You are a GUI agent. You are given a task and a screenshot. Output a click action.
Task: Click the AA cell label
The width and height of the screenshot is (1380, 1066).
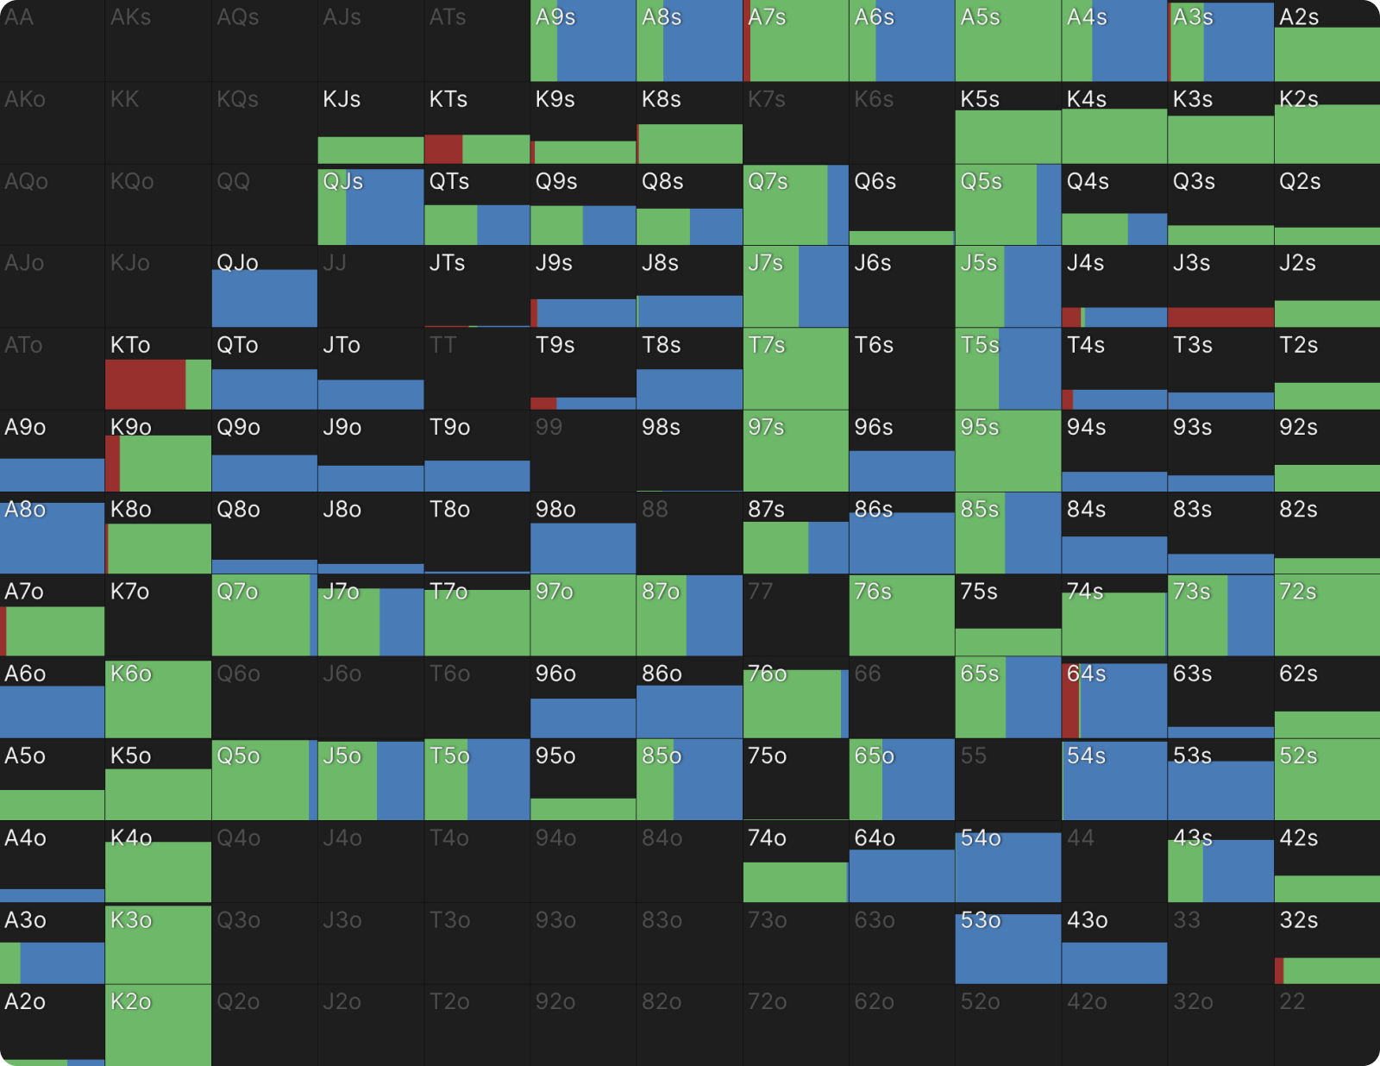click(19, 17)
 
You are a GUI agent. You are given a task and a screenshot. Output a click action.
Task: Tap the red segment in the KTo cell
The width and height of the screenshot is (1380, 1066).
click(145, 385)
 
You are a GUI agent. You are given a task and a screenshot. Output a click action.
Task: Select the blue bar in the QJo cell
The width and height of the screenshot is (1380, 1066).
click(265, 298)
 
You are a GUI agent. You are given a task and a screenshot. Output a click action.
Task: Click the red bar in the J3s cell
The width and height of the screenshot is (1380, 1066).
click(1220, 317)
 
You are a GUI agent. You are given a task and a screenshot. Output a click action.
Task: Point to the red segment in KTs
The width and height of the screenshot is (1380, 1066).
click(443, 149)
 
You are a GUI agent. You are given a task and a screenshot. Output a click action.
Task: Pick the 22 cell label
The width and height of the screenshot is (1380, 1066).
click(1292, 1001)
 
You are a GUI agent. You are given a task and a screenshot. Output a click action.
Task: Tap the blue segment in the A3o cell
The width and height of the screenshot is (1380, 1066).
click(62, 963)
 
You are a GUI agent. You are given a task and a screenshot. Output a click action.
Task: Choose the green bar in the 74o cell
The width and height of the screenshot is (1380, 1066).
click(795, 881)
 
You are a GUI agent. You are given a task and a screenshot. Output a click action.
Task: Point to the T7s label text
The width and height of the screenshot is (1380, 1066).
click(767, 345)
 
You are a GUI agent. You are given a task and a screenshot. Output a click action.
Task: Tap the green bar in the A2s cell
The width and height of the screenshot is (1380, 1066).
click(1327, 55)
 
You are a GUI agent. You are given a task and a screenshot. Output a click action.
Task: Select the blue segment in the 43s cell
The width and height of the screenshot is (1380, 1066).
click(1239, 871)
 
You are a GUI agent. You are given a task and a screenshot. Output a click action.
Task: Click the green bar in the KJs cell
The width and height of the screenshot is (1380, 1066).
click(371, 150)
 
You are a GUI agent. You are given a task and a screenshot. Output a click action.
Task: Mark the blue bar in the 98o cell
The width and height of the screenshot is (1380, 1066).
click(583, 549)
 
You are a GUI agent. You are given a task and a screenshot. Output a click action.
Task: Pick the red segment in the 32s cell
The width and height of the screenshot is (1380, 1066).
click(1279, 970)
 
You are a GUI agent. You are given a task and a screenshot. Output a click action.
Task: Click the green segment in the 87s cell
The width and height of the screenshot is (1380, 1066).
click(775, 548)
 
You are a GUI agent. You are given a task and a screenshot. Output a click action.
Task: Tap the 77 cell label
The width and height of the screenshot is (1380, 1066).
click(760, 592)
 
